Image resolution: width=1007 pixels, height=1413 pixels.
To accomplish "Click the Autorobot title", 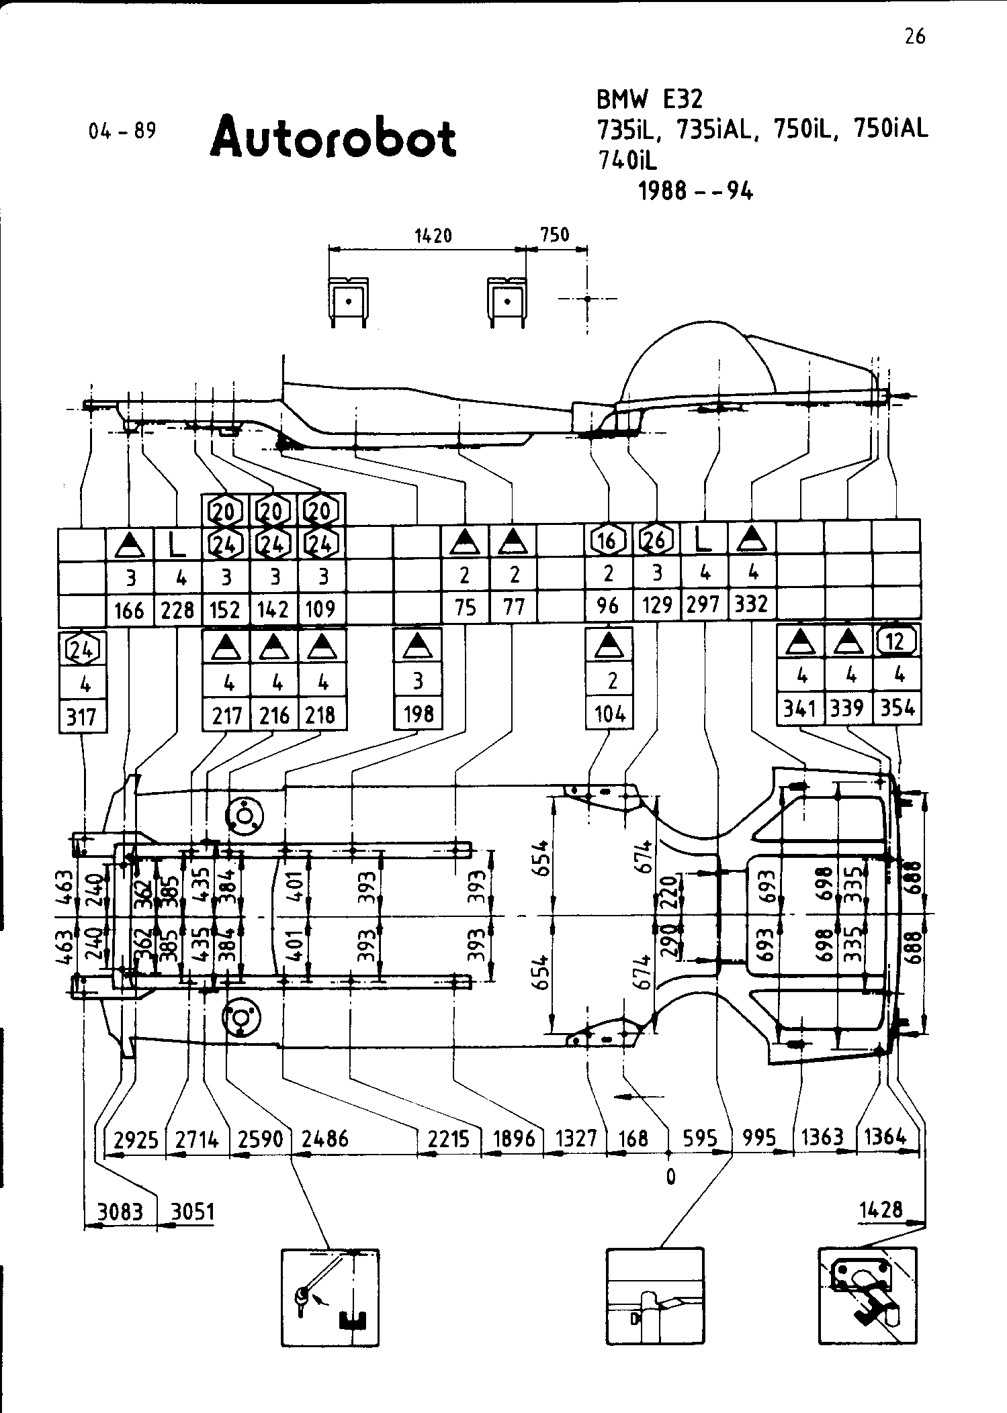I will click(x=333, y=138).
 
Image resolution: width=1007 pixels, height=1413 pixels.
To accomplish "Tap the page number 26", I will click(x=914, y=36).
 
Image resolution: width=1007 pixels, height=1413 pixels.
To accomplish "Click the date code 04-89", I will click(x=122, y=130).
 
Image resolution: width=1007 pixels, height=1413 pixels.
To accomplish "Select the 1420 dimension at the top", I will click(x=433, y=236).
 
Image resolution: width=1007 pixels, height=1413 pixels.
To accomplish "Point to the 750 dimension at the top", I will click(x=555, y=235).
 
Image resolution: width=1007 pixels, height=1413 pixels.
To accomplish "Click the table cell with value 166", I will click(x=130, y=610).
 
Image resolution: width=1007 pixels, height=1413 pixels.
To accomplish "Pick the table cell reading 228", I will click(x=178, y=610).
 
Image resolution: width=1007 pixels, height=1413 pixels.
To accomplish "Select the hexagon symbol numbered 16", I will click(x=607, y=540).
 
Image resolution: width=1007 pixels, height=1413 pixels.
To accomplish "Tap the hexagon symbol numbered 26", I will click(x=656, y=540).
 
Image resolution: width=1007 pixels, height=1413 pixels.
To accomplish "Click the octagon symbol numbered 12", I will click(x=895, y=642).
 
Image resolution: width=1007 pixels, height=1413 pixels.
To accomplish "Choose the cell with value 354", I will click(x=897, y=708).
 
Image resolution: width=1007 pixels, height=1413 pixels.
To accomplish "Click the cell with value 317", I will click(x=82, y=717).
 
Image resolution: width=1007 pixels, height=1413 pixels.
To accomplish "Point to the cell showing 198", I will click(x=418, y=714).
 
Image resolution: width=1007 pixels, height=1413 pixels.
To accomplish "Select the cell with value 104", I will click(x=609, y=714).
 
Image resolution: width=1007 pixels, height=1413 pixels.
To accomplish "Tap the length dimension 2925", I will click(x=136, y=1139).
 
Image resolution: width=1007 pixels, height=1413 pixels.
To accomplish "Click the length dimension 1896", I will click(x=513, y=1138).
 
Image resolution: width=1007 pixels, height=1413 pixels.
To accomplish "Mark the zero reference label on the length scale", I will click(x=670, y=1176).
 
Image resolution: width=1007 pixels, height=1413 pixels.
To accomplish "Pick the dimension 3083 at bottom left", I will click(x=120, y=1212).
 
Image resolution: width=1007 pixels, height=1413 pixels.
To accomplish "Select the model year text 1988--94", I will click(x=695, y=192).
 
